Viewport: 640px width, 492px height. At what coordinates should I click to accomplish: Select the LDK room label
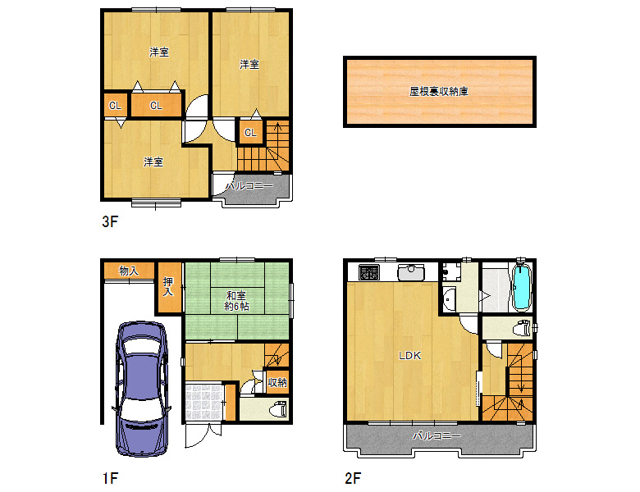tap(409, 356)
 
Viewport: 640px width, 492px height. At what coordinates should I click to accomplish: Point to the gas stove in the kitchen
tap(363, 271)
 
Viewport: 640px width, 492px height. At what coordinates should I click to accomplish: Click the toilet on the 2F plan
tap(521, 329)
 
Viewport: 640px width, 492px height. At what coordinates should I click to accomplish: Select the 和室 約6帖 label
tap(237, 300)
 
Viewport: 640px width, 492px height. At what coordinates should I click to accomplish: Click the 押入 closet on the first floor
tap(168, 287)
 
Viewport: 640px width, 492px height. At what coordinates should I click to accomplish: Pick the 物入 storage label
tap(128, 270)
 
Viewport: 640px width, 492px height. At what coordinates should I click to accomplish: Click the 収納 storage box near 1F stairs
tap(277, 382)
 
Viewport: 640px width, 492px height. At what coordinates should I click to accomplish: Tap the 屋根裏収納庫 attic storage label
tap(439, 92)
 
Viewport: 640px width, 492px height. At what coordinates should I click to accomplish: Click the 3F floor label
tap(110, 222)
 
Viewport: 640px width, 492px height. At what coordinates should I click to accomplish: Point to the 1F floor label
tap(110, 477)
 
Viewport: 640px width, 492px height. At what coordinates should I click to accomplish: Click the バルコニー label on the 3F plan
tap(249, 187)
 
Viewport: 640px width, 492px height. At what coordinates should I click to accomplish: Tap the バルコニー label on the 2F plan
tap(437, 436)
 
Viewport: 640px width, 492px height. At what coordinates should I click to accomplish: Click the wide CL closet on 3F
tap(155, 106)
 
